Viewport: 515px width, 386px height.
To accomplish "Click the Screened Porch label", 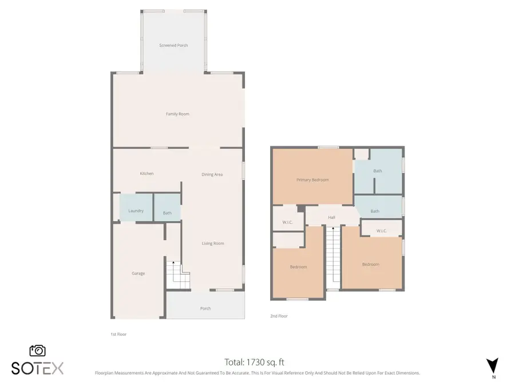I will click(173, 45).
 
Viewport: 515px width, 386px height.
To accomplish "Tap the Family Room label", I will click(177, 114).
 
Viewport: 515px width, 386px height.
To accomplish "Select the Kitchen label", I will click(146, 173).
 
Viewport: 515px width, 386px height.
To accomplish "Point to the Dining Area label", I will click(212, 174).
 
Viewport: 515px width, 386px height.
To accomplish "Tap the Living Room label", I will click(212, 243).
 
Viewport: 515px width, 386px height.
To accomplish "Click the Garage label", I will click(138, 273).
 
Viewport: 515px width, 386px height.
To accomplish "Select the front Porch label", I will click(205, 308).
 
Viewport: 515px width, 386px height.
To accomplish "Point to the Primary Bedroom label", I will click(312, 180).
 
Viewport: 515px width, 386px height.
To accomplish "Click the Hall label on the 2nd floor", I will click(331, 217).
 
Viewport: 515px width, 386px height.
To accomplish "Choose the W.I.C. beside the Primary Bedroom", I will click(288, 222).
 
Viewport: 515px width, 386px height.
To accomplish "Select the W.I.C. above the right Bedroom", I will click(382, 231).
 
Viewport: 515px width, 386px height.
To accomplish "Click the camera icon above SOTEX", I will click(37, 351).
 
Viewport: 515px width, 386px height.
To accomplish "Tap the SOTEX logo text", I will click(38, 368).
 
